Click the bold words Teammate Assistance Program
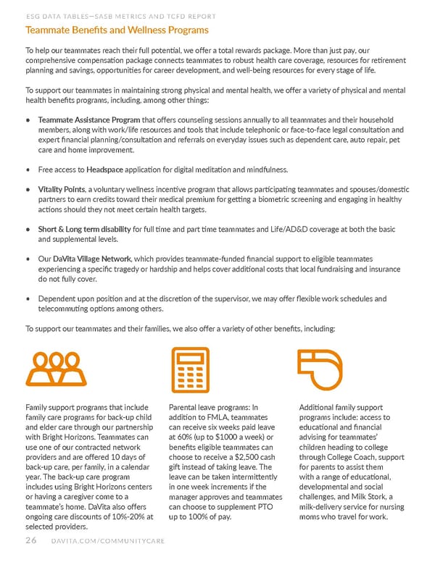pos(89,119)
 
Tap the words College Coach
pos(352,458)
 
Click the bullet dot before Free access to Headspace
pos(28,170)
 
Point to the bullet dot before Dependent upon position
pos(28,298)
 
